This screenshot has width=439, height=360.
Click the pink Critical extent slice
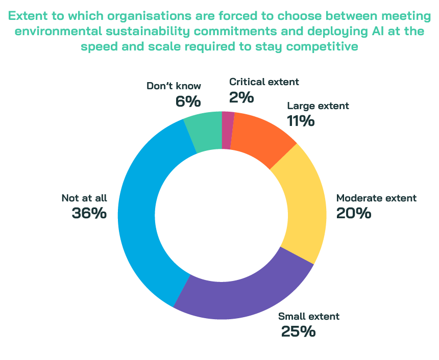pyautogui.click(x=228, y=130)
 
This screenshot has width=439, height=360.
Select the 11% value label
pyautogui.click(x=301, y=121)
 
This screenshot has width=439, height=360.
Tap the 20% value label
pyautogui.click(x=353, y=213)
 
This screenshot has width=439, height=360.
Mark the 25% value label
pyautogui.click(x=299, y=331)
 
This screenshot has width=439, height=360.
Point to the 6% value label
pyautogui.click(x=188, y=101)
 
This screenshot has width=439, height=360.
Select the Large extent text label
pyautogui.click(x=318, y=106)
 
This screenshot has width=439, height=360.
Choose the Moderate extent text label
pyautogui.click(x=376, y=198)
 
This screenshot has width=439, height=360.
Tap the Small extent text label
pyautogui.click(x=308, y=316)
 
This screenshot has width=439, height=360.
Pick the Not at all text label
pyautogui.click(x=84, y=198)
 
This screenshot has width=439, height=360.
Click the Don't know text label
pyautogui.click(x=174, y=86)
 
